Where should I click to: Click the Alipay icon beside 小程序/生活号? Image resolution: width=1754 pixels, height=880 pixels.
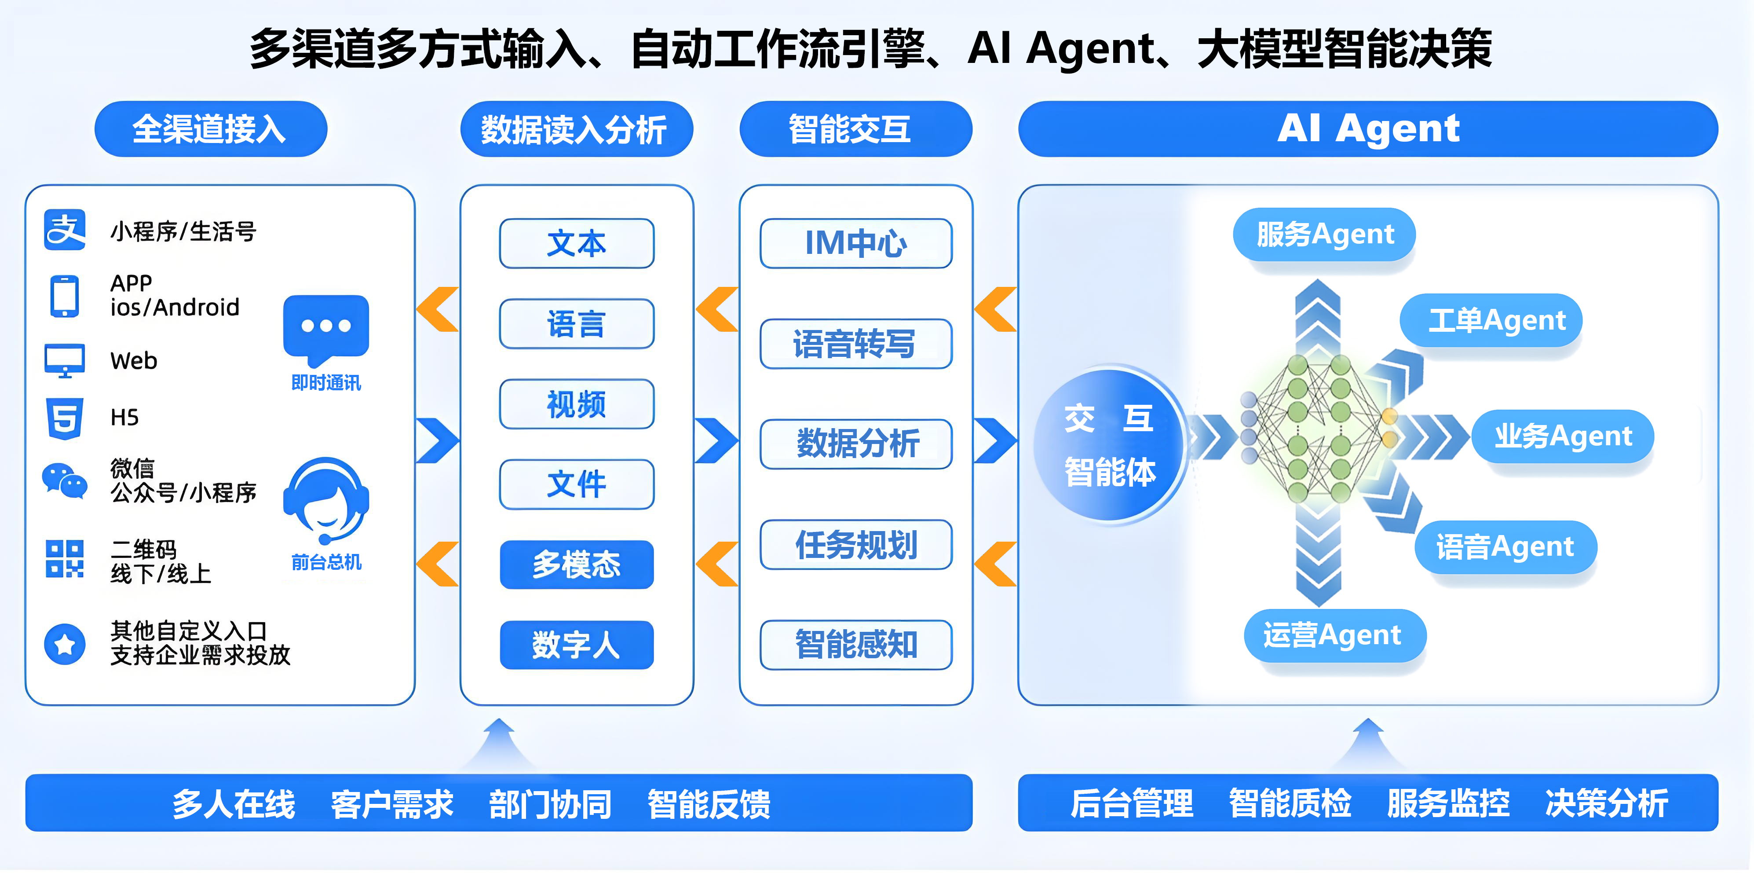(x=65, y=230)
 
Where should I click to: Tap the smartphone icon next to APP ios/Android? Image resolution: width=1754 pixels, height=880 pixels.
(x=65, y=296)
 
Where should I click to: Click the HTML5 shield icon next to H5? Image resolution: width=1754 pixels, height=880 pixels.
(x=65, y=418)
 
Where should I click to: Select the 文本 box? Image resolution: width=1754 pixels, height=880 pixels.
(x=577, y=243)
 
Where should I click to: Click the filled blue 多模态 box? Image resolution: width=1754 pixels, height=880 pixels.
(x=577, y=565)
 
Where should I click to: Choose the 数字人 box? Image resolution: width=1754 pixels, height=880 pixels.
(x=577, y=644)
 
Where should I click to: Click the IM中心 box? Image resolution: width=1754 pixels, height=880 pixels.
(x=856, y=243)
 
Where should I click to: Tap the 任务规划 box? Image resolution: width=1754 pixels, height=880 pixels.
(x=856, y=545)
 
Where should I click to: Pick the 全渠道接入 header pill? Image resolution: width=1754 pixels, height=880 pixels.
(x=210, y=129)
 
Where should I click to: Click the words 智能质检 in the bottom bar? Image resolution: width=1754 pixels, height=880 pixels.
(x=1290, y=803)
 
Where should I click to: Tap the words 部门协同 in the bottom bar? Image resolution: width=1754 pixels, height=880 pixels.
(x=550, y=804)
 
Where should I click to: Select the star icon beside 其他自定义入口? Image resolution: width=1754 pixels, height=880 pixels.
(x=65, y=643)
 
